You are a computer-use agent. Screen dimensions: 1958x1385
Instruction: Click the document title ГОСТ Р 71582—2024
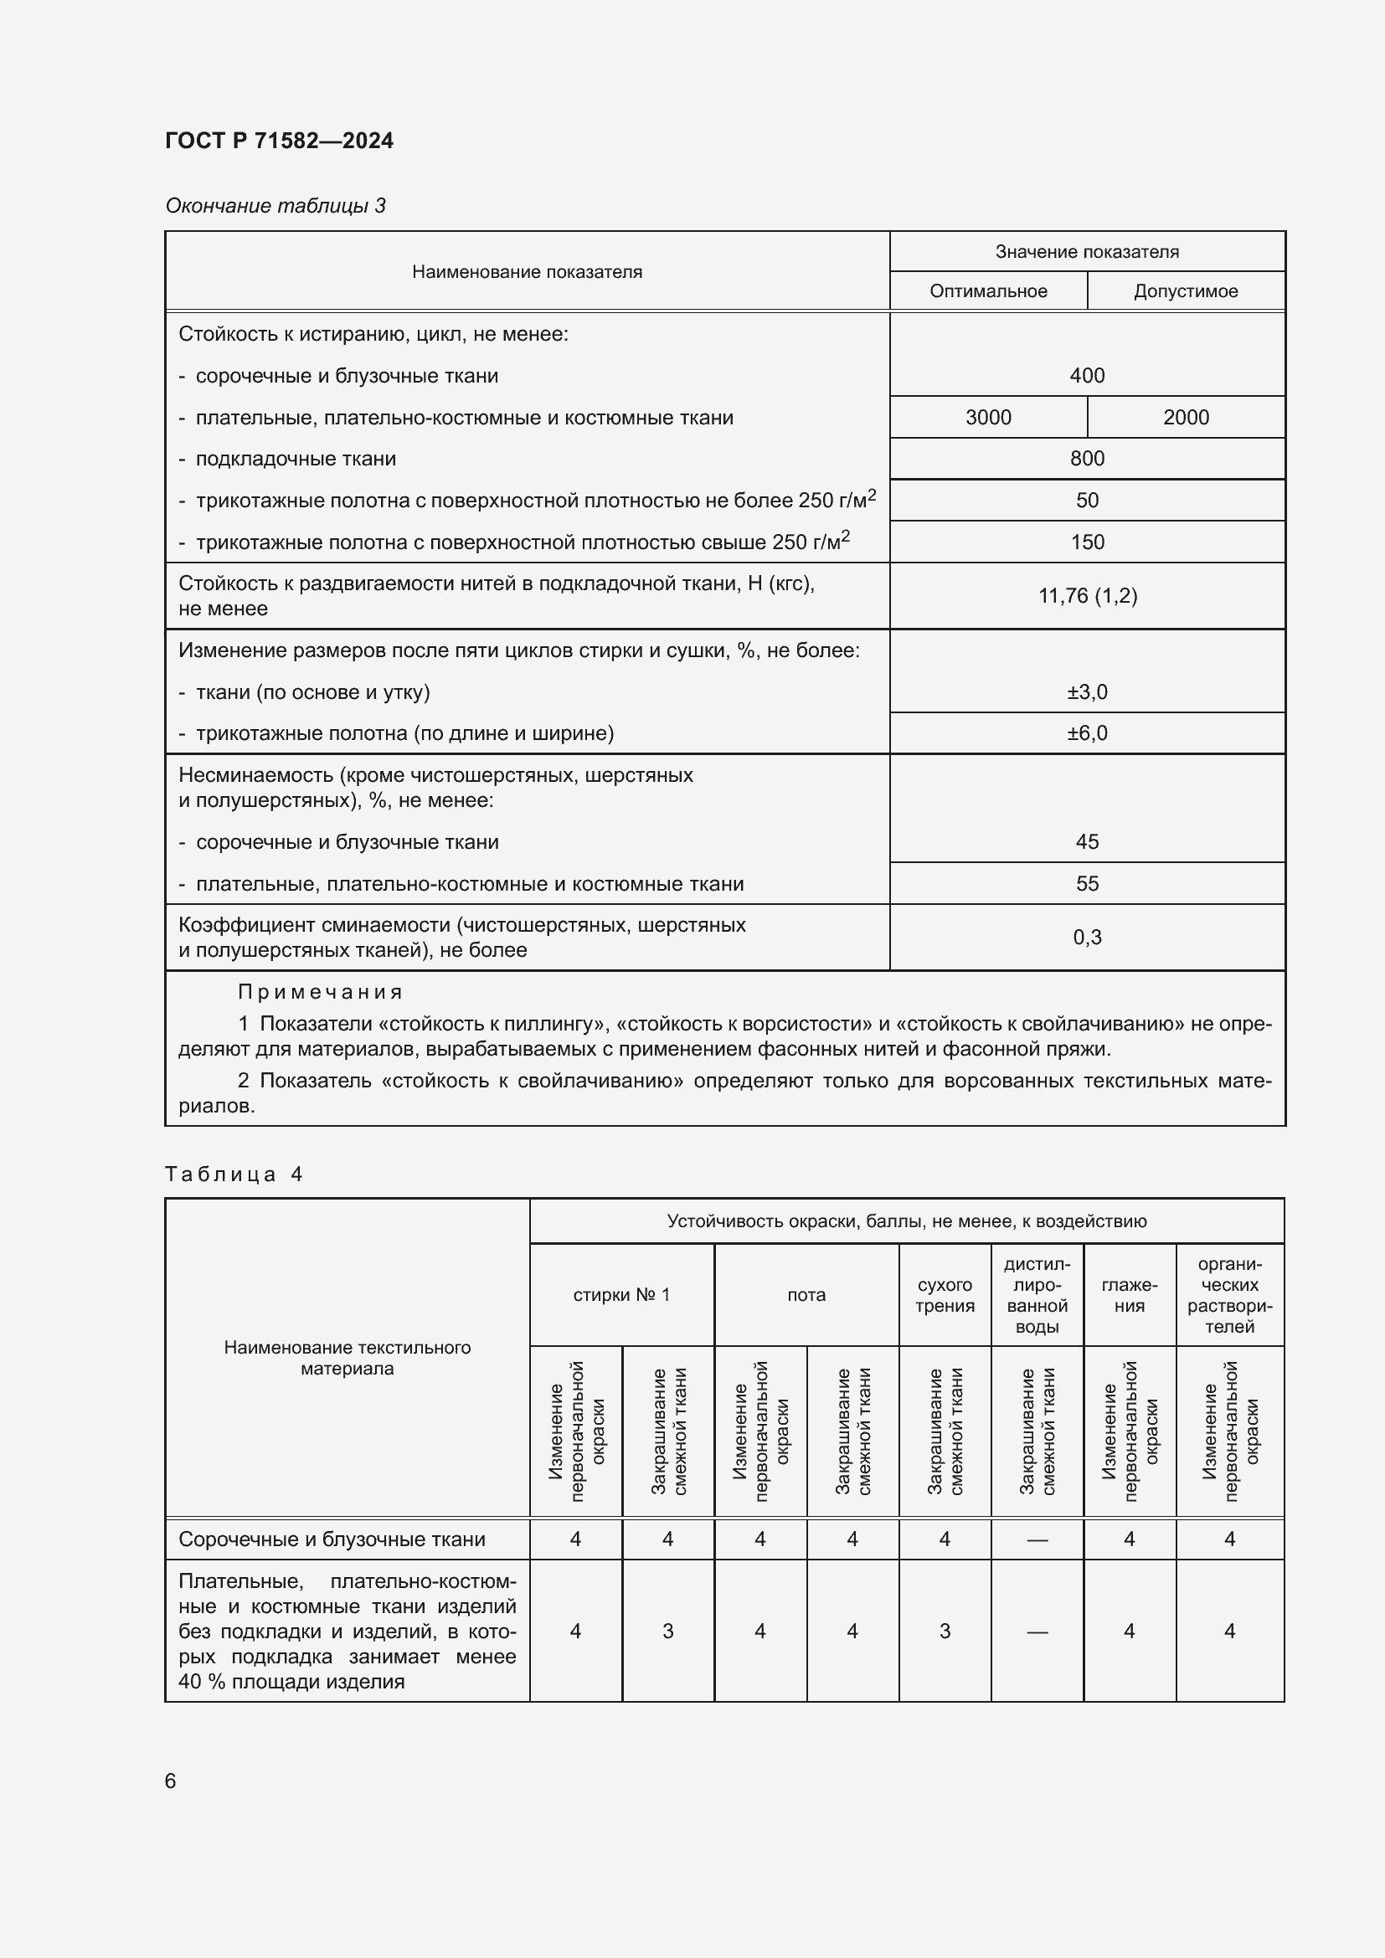click(279, 141)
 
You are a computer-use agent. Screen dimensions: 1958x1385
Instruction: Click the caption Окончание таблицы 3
click(275, 206)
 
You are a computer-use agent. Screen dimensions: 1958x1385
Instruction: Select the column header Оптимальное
click(987, 290)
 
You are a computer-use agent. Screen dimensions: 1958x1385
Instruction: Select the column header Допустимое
click(1185, 290)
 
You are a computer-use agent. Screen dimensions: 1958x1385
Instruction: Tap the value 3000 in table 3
click(987, 417)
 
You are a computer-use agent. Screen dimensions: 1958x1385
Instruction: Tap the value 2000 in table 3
click(1186, 417)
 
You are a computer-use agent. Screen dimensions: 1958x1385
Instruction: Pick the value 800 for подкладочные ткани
click(1087, 459)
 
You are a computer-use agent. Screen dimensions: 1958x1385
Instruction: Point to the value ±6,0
click(1087, 733)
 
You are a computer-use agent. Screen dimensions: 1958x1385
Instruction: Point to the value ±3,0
click(1087, 691)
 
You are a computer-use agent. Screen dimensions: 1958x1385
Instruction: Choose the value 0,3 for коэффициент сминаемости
click(1087, 938)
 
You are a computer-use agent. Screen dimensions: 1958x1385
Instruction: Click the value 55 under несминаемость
click(1087, 883)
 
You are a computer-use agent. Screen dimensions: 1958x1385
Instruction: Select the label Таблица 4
click(234, 1174)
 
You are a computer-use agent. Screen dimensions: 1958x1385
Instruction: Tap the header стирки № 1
click(620, 1294)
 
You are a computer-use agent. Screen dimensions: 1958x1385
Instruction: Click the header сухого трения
click(944, 1294)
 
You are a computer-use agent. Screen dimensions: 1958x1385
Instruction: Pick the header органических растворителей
click(1229, 1294)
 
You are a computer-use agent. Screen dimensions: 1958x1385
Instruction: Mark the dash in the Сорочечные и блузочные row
click(1036, 1539)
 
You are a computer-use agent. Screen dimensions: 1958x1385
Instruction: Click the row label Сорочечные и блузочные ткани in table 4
click(332, 1539)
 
